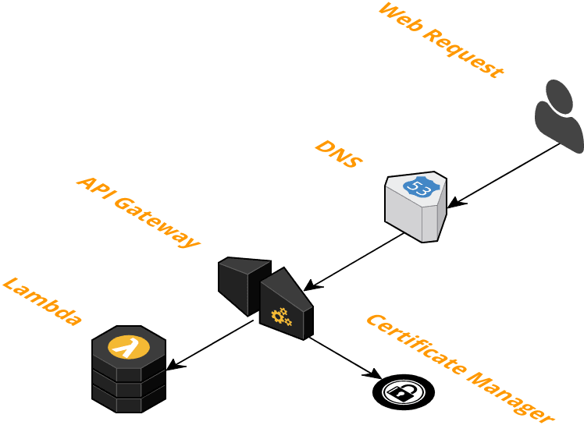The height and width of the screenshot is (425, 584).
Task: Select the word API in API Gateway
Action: [x=92, y=187]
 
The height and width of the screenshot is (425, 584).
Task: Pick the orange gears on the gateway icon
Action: [x=280, y=317]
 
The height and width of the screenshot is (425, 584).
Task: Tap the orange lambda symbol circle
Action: [x=128, y=345]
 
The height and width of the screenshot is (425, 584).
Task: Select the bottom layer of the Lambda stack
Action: [x=128, y=400]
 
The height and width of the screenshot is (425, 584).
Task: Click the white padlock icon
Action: [x=404, y=391]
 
